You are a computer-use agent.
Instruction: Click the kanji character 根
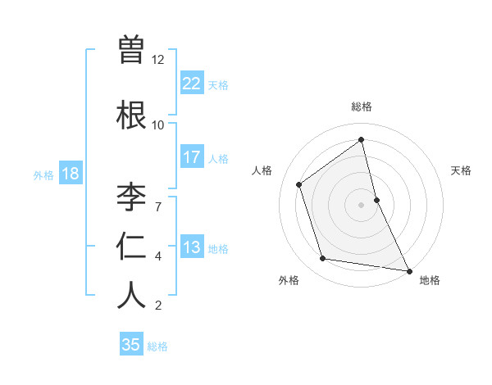click(131, 115)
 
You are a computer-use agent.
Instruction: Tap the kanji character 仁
click(131, 245)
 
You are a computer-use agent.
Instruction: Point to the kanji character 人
click(131, 294)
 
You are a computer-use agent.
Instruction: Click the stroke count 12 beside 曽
click(158, 60)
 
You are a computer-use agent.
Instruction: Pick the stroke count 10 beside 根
click(158, 125)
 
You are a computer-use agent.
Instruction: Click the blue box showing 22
click(192, 84)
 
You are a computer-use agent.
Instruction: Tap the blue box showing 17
click(192, 157)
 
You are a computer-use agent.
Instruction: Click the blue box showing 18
click(70, 174)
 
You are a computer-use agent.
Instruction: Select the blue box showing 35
click(131, 345)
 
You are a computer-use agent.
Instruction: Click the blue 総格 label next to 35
click(157, 346)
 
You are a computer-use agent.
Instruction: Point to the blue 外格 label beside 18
click(43, 175)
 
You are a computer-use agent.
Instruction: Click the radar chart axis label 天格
click(462, 171)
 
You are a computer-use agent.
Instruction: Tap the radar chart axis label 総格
click(362, 107)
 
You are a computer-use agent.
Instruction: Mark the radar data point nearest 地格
click(408, 269)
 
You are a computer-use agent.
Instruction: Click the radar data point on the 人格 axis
click(299, 184)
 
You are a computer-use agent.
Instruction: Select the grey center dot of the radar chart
click(362, 204)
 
